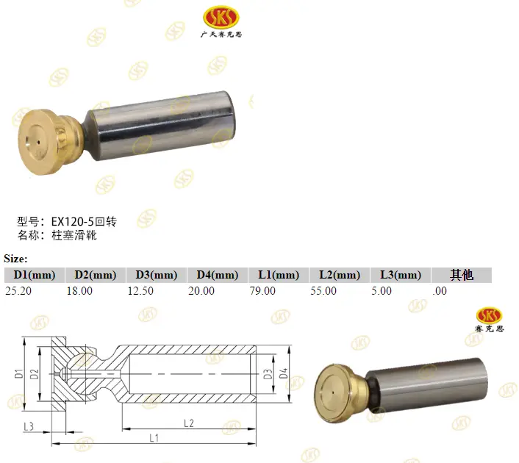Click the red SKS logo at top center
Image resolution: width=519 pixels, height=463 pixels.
221,17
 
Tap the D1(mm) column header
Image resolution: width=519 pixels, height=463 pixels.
35,275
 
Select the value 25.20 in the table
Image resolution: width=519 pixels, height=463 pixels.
18,291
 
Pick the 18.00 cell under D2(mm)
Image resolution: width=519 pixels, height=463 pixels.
79,291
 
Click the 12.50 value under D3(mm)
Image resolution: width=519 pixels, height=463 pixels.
140,291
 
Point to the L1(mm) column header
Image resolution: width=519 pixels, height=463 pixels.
279,275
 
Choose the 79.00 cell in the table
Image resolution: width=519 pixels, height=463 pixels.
262,291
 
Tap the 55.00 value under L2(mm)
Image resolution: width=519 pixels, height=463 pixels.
323,291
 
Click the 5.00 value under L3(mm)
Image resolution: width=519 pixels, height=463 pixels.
382,291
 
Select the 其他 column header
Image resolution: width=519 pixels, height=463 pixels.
462,275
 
